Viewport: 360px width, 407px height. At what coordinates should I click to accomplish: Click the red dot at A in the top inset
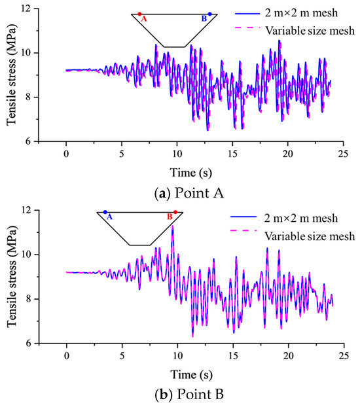tap(139, 14)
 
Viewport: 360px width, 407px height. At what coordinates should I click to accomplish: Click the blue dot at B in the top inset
tap(209, 14)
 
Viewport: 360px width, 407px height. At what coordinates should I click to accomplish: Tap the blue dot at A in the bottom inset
tap(105, 212)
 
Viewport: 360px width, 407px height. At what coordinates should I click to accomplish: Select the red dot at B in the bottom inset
tap(175, 212)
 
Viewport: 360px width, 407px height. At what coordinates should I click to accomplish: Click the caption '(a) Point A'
tap(189, 194)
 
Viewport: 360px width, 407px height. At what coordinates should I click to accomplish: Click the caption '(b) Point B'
tap(189, 395)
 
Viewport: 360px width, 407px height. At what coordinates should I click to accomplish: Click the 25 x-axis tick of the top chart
tap(343, 154)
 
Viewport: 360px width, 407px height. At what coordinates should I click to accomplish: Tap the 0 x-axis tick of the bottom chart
tap(67, 355)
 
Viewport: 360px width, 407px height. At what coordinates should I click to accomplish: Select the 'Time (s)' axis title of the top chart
tap(191, 173)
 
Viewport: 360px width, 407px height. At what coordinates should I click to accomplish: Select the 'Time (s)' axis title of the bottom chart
tap(191, 374)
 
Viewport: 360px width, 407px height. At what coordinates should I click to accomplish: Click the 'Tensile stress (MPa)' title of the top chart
tap(11, 75)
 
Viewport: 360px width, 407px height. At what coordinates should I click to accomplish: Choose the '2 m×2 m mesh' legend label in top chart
tap(301, 13)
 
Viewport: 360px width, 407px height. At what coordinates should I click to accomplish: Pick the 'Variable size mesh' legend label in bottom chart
tap(310, 236)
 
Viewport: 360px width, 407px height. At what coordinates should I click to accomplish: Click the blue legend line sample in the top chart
tap(247, 13)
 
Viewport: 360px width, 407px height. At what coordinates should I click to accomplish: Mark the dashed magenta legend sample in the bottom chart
tap(243, 230)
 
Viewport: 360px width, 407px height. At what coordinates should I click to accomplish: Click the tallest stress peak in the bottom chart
tap(172, 226)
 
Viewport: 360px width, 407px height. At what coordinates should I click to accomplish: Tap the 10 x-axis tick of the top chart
tap(177, 154)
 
